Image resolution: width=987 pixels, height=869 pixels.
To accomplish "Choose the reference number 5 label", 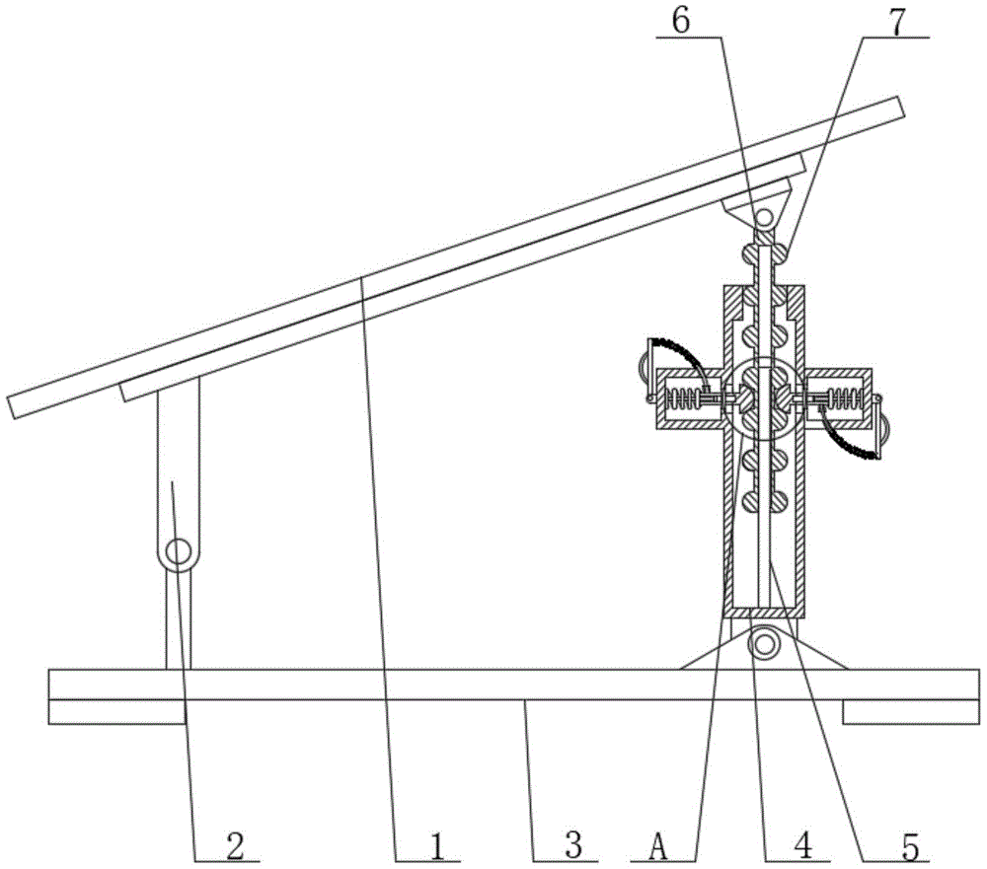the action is (x=910, y=845).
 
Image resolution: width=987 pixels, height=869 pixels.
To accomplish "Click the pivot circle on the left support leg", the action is (x=178, y=552).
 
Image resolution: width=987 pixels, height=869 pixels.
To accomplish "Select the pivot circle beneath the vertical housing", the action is (x=763, y=645).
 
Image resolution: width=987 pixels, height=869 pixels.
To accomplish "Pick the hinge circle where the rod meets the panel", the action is (x=764, y=216).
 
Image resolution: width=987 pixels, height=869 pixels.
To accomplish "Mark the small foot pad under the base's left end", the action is (x=116, y=711).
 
